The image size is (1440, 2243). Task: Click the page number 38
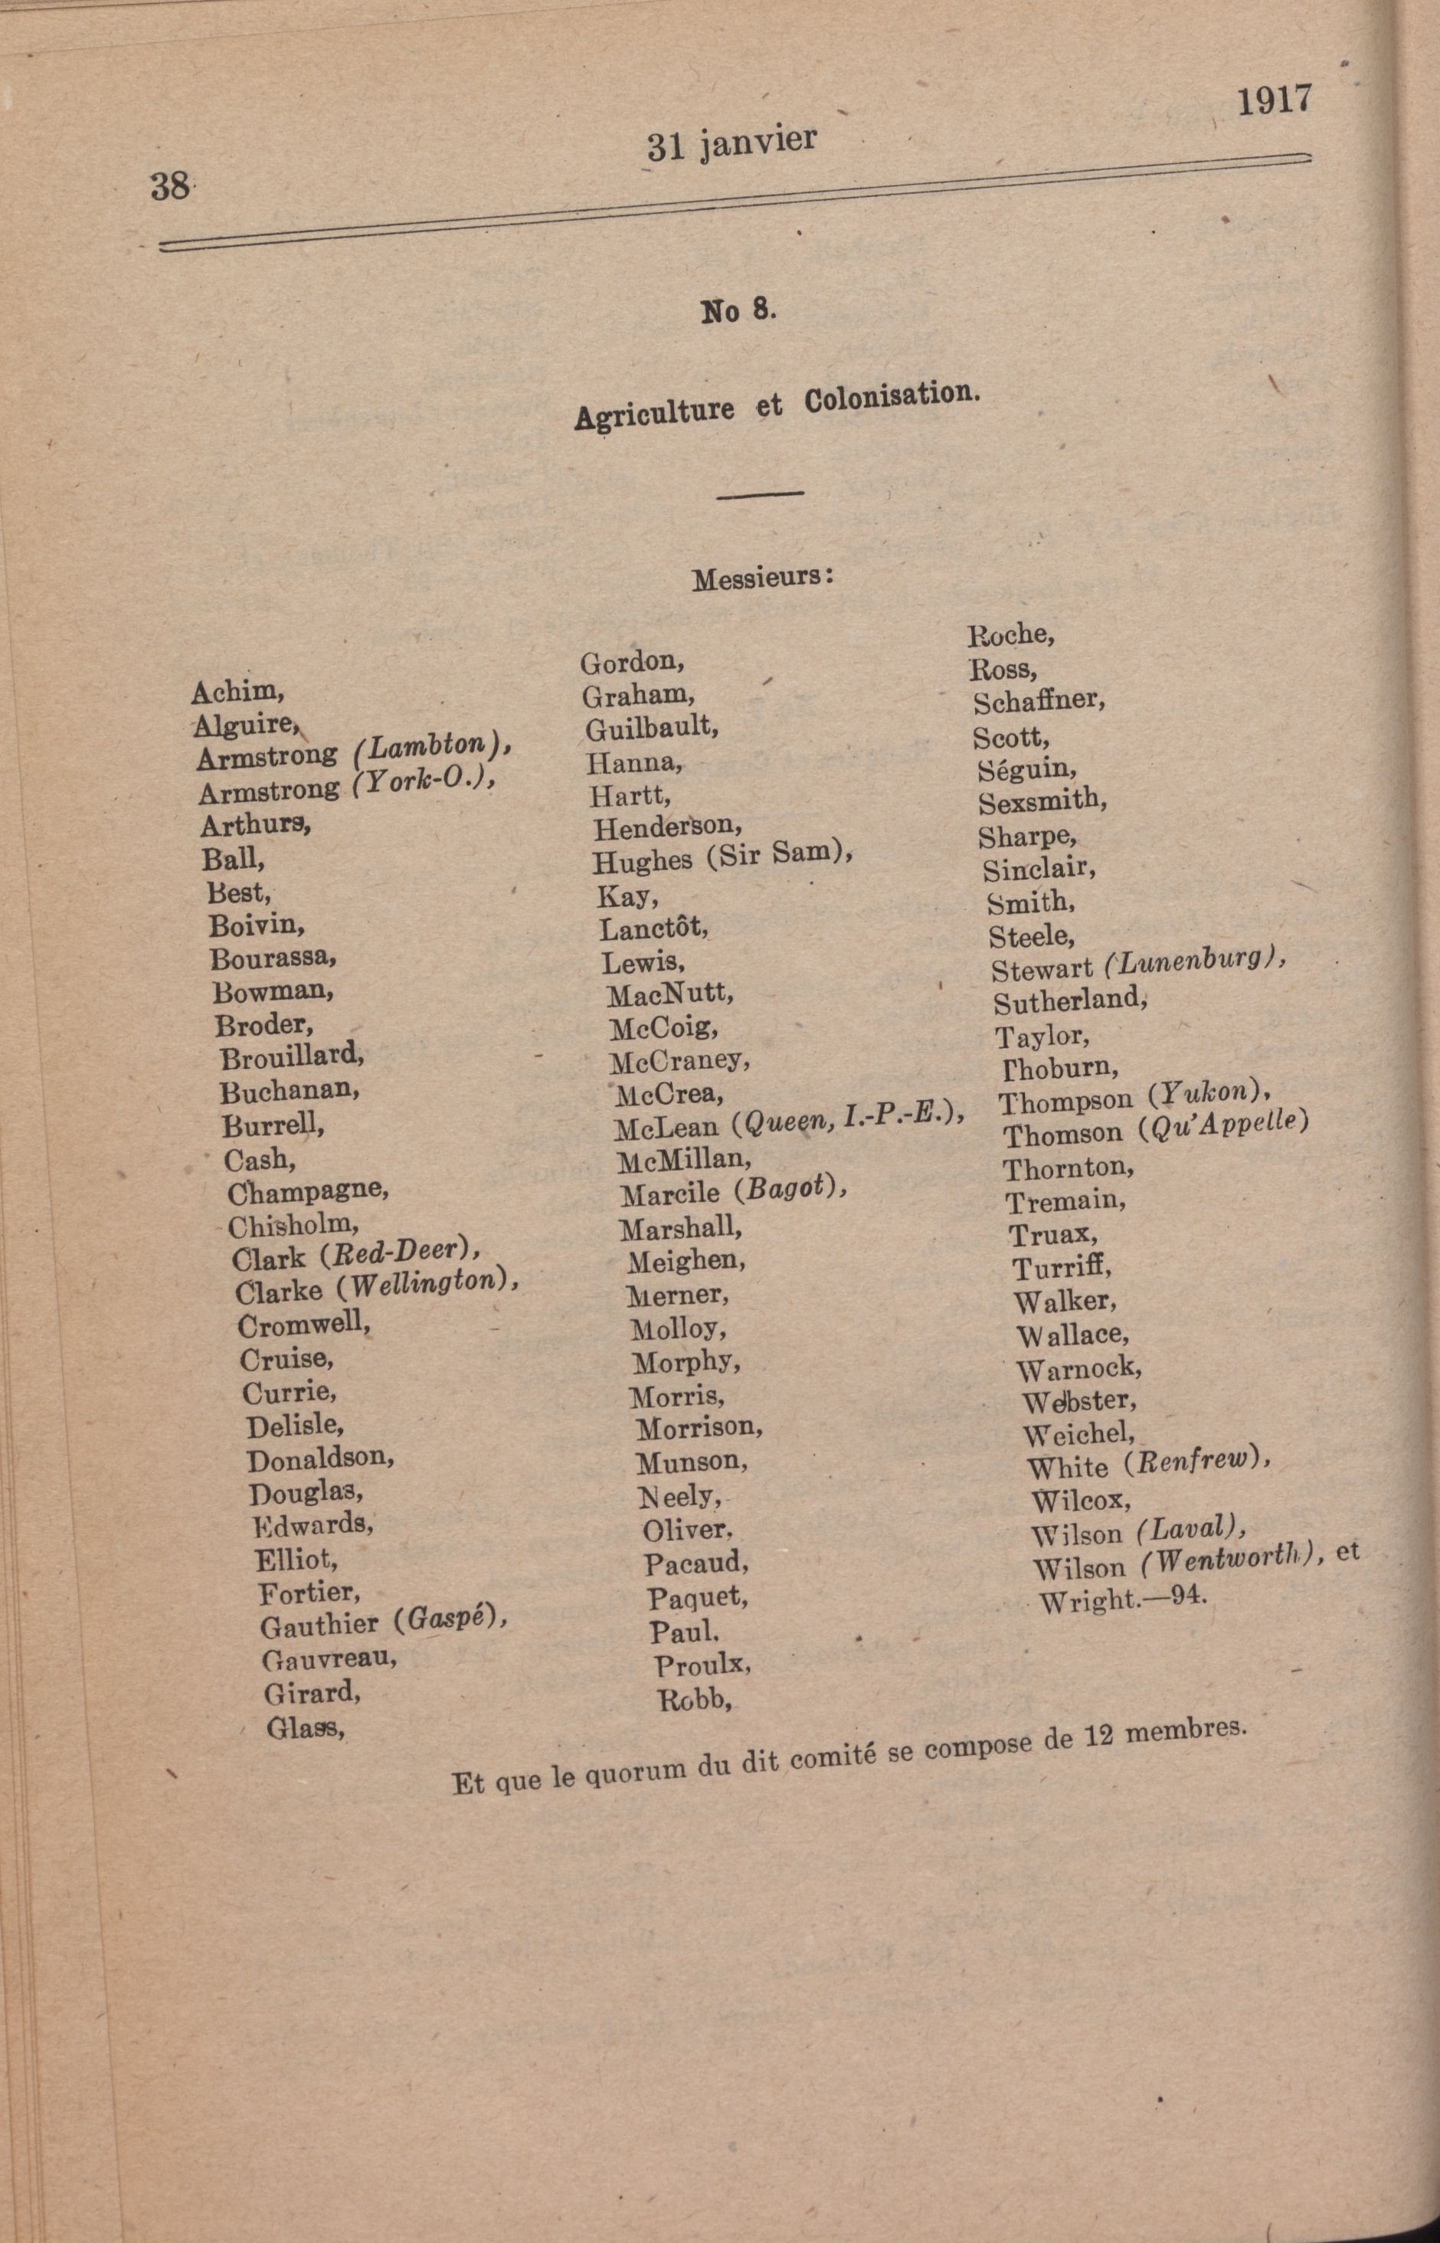(170, 186)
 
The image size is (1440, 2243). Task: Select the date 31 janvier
(731, 142)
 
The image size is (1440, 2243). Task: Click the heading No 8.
(738, 310)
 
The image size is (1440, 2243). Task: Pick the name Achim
(237, 692)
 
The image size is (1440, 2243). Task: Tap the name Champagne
(306, 1191)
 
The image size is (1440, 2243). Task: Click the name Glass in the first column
(305, 1727)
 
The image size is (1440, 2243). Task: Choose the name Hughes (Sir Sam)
(722, 857)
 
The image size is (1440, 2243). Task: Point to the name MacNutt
(669, 994)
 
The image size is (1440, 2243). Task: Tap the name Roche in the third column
(1010, 635)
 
